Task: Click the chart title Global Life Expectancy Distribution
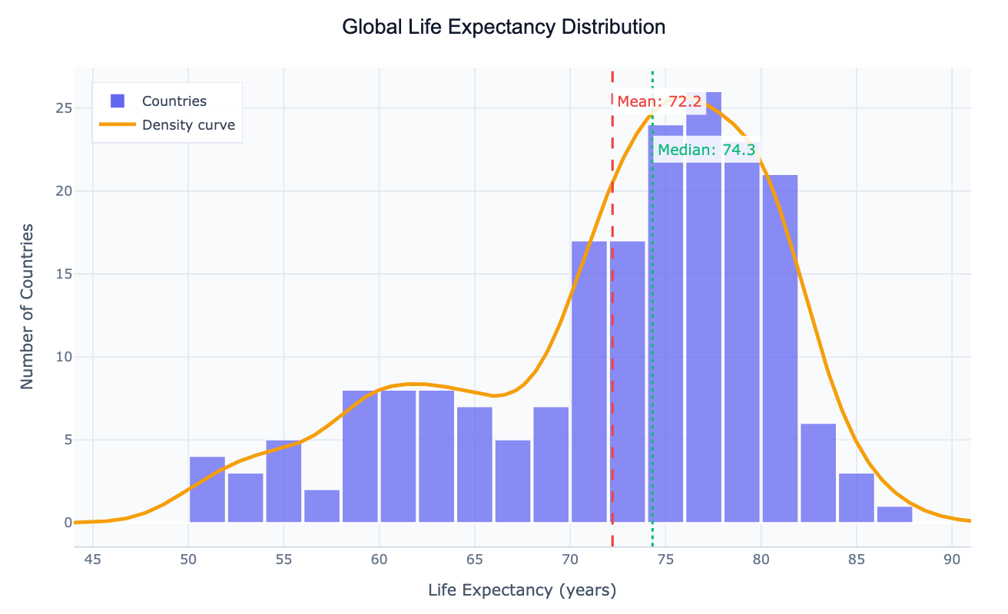point(503,28)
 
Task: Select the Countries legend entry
point(174,101)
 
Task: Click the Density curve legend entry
point(188,125)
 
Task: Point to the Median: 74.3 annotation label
point(706,150)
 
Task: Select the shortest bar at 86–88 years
point(894,514)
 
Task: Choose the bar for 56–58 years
point(322,506)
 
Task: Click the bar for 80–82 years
point(780,349)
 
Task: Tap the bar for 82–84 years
point(818,473)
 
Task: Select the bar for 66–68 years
point(512,481)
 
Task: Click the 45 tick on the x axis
point(93,559)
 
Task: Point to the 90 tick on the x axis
point(951,559)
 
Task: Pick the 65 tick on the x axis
point(474,559)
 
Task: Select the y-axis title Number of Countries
point(28,306)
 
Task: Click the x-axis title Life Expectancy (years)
point(522,590)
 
